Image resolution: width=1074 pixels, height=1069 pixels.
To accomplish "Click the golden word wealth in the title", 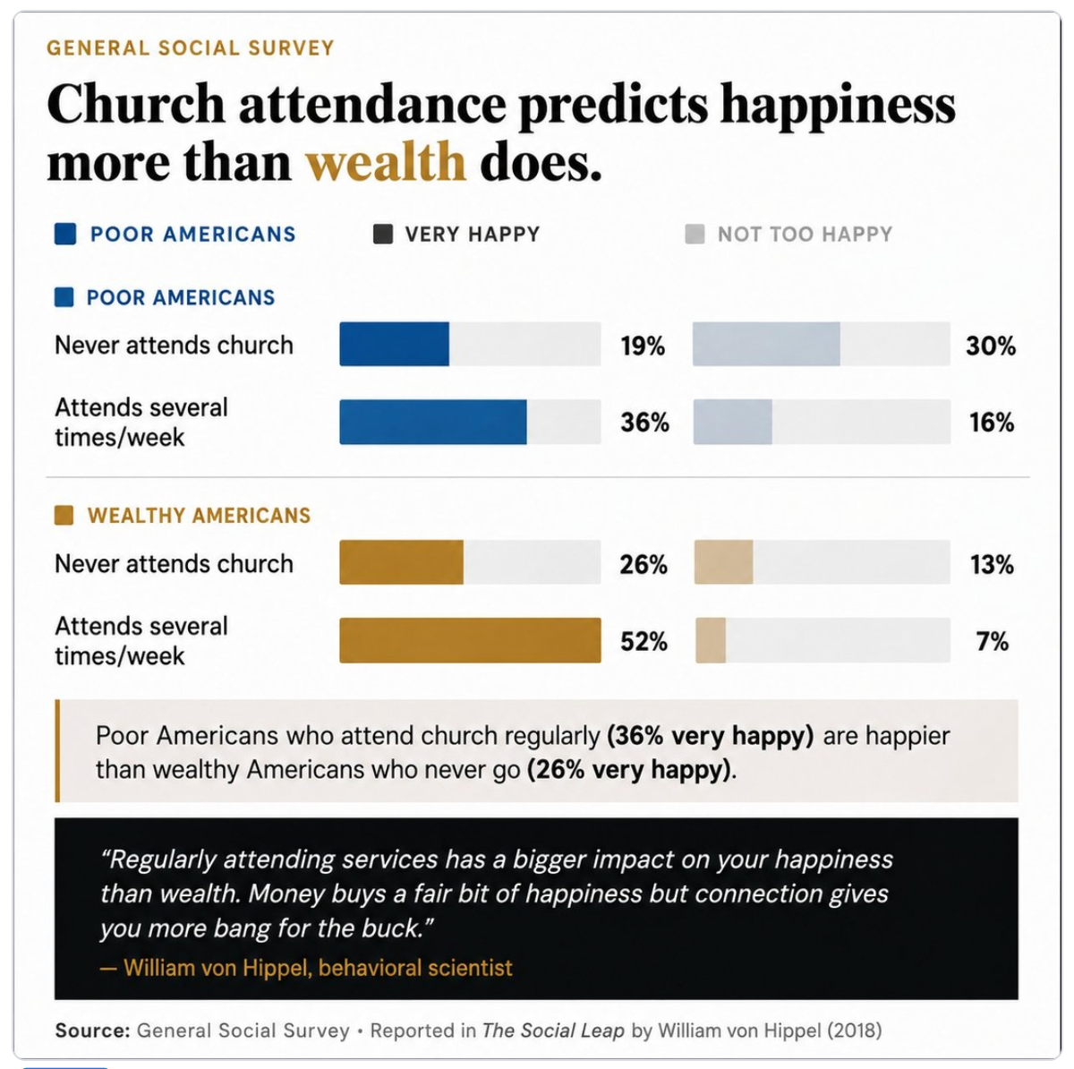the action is click(386, 162).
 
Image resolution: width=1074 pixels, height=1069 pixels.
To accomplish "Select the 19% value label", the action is click(643, 346).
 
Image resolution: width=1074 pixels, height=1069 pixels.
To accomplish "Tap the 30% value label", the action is click(991, 346).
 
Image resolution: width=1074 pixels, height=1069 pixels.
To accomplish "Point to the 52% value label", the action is click(644, 641).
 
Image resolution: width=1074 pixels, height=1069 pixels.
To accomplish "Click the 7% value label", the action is click(992, 641).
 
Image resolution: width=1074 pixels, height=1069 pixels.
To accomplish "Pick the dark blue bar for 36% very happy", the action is click(433, 422).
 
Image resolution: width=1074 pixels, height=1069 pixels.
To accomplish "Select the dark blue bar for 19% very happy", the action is click(394, 344).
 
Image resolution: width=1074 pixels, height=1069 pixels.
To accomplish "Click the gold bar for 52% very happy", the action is click(471, 640).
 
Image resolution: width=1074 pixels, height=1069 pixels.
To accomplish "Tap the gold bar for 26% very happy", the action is click(401, 562).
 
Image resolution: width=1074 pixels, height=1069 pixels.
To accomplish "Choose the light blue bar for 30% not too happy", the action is click(766, 344).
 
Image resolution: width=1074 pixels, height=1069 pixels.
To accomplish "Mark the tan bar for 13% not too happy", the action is click(723, 562).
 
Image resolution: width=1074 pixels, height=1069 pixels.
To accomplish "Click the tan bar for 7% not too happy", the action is click(711, 640).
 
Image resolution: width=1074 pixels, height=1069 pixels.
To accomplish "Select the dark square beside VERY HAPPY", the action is click(383, 235).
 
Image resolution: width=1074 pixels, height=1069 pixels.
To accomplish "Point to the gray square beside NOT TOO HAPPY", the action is click(695, 235).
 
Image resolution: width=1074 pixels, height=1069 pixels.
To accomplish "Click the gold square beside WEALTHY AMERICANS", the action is click(64, 516).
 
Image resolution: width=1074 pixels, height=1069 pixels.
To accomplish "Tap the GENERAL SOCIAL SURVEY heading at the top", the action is click(190, 48).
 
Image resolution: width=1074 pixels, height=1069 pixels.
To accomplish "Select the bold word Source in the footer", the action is click(92, 1031).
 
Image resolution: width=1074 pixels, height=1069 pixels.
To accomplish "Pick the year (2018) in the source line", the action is click(855, 1031).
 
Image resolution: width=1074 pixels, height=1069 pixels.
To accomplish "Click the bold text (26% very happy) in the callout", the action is click(631, 770).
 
